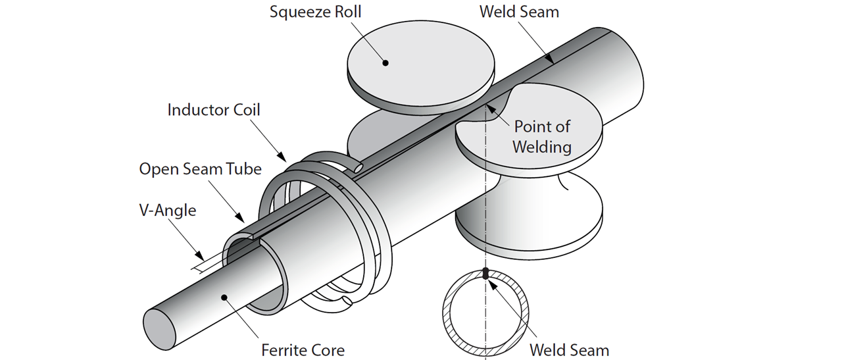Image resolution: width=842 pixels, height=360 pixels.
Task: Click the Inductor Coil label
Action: (214, 109)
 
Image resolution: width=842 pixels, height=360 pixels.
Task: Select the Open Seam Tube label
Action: (200, 169)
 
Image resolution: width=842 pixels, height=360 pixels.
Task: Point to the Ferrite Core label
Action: (301, 349)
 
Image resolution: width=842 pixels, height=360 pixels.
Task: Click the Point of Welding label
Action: (541, 136)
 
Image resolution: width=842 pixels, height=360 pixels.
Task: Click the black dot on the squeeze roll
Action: (386, 63)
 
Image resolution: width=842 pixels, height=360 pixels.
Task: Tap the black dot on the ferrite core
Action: (224, 297)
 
